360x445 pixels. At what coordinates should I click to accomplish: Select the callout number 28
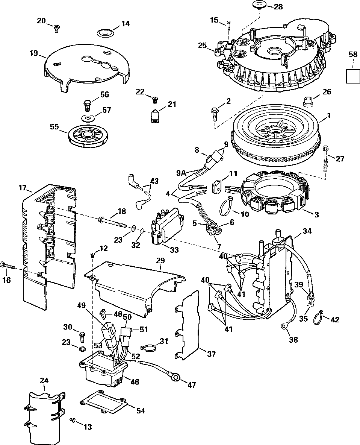click(x=278, y=6)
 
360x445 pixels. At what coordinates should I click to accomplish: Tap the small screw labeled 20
click(x=56, y=27)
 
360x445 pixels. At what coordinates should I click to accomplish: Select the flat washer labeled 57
click(x=87, y=117)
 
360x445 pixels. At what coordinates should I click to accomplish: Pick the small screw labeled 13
click(x=72, y=420)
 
